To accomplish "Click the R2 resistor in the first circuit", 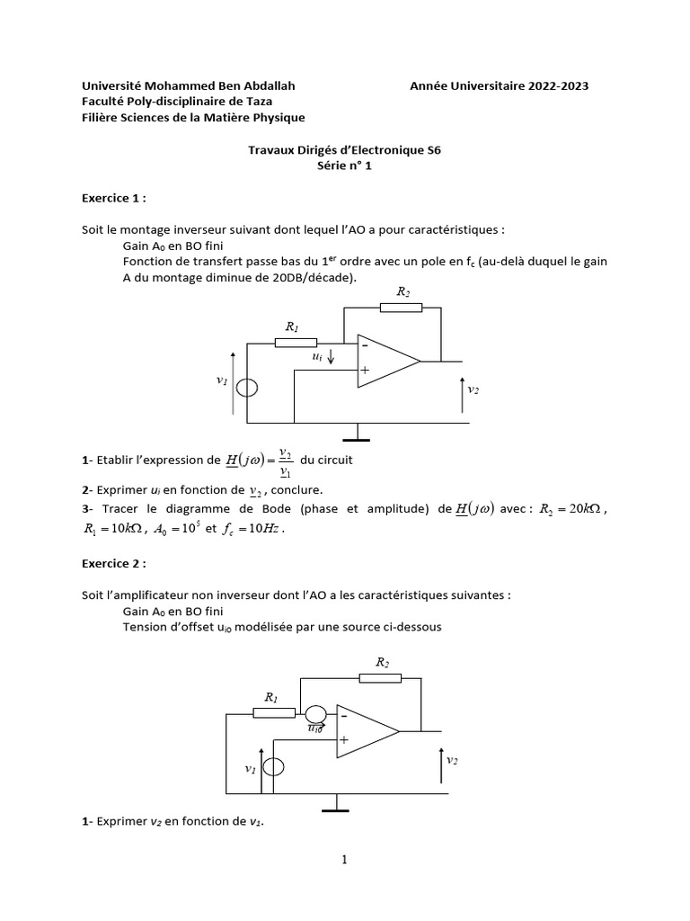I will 401,308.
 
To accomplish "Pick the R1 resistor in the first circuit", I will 296,343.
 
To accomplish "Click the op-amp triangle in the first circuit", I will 385,362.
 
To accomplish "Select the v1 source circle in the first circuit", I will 247,388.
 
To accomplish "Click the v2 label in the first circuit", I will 473,389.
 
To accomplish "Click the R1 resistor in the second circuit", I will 275,713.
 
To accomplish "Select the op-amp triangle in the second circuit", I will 365,729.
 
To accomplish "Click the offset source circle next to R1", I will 315,714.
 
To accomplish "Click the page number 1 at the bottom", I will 344,860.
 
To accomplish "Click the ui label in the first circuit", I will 317,356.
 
